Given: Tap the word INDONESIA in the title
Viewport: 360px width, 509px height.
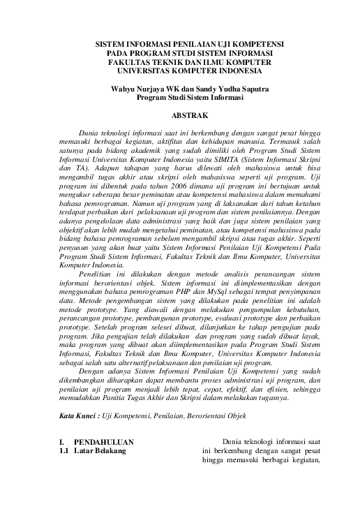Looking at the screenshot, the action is pos(227,71).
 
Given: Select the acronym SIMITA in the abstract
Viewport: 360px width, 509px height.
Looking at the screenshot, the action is pos(220,158).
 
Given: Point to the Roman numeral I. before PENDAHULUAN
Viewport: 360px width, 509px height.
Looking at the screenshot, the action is pos(62,442).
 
